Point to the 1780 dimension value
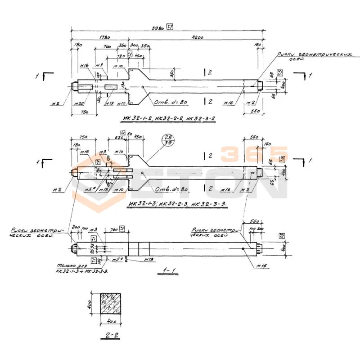point(103,38)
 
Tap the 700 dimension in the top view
point(107,46)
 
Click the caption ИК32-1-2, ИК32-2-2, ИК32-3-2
point(169,119)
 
